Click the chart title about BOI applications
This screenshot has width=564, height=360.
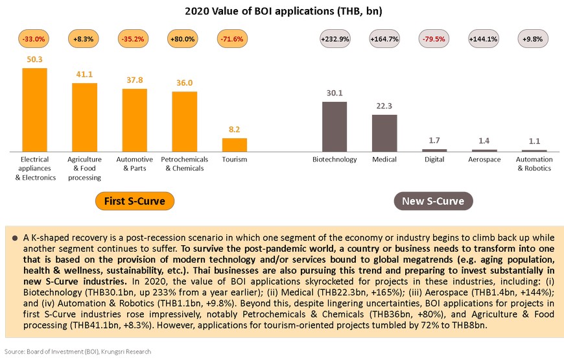(281, 11)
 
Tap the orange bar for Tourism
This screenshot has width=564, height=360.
(234, 144)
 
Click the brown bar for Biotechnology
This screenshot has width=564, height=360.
(334, 126)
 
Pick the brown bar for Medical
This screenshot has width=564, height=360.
(384, 132)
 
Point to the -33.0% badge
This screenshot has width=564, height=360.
(35, 39)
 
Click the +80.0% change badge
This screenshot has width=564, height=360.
(184, 39)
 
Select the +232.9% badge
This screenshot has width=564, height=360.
(335, 39)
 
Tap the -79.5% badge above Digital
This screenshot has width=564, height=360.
(434, 39)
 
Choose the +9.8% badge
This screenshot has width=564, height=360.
(534, 39)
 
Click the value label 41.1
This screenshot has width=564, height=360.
(84, 75)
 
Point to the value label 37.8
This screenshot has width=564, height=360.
(134, 80)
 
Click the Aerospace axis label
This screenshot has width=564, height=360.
(484, 160)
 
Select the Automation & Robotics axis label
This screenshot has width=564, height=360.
(534, 163)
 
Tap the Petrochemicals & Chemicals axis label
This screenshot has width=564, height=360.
(184, 163)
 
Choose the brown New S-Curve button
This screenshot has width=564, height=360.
(433, 201)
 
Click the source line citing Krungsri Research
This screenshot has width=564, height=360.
(77, 352)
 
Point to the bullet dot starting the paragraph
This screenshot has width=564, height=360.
(14, 239)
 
